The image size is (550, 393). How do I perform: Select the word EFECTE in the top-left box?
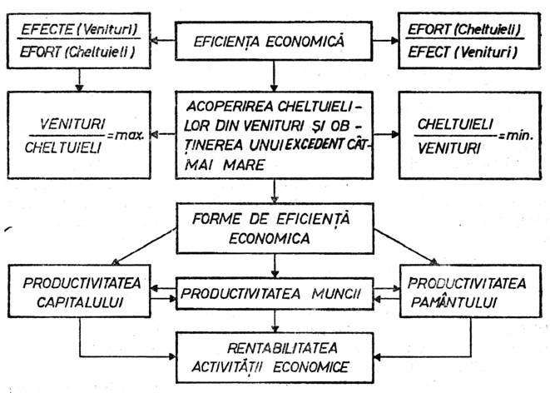tap(47, 29)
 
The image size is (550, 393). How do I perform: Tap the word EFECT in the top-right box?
tap(429, 52)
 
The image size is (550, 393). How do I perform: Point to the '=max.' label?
tap(126, 136)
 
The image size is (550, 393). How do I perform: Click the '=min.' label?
tap(516, 136)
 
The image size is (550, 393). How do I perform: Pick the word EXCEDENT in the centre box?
tap(315, 144)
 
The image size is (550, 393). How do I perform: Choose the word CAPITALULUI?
tap(80, 302)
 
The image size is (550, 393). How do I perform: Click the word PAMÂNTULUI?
tap(454, 302)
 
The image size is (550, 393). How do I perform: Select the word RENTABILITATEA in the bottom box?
tap(282, 348)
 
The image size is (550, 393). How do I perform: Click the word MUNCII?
tap(336, 294)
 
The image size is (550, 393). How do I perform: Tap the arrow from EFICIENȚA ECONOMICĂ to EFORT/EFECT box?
tap(386, 40)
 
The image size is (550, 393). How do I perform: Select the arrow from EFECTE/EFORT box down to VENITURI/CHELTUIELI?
tap(80, 81)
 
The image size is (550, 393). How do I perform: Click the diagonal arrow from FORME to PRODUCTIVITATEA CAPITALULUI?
tap(144, 246)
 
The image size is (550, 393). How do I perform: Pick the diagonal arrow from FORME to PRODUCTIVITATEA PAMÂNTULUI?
tap(407, 246)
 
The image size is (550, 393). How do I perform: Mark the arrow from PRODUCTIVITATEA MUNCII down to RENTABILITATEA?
tap(275, 321)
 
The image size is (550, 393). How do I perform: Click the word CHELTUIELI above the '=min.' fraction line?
tap(455, 124)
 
